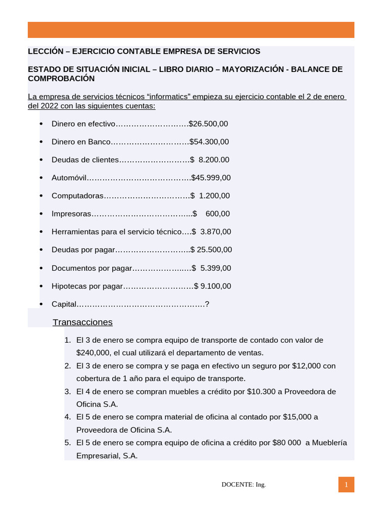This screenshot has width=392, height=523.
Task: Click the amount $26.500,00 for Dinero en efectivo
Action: (x=208, y=124)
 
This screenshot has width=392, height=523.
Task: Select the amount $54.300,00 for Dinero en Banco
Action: (x=209, y=141)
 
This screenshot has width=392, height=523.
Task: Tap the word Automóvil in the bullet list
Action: (x=69, y=178)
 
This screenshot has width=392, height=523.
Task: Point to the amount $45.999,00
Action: (x=211, y=178)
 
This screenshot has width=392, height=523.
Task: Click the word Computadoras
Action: (x=78, y=196)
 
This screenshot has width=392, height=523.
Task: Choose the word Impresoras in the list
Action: (x=71, y=213)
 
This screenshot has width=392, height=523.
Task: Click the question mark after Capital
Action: (x=207, y=304)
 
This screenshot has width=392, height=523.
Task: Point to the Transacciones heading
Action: (x=82, y=322)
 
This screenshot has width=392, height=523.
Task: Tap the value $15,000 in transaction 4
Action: (x=298, y=417)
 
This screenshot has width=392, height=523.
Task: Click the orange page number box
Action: (x=346, y=485)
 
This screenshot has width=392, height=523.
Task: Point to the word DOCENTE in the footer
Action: (x=237, y=485)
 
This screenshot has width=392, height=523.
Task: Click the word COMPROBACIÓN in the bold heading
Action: (x=61, y=79)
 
